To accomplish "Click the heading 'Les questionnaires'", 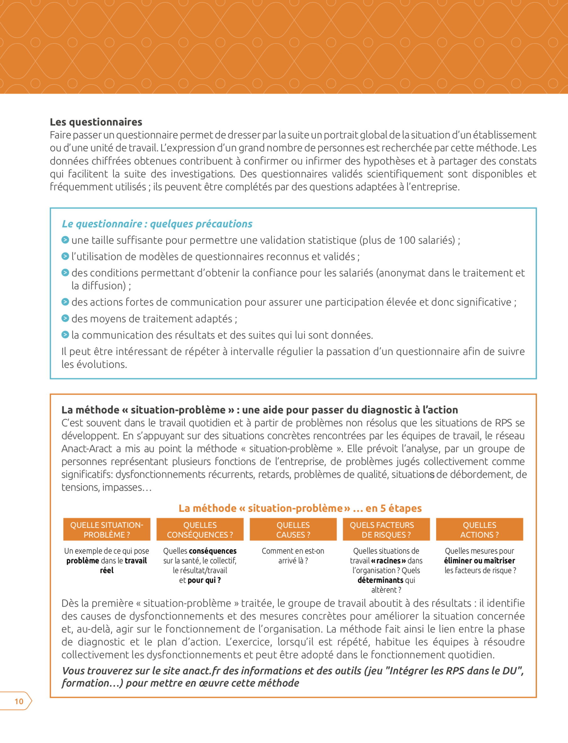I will tap(96, 122).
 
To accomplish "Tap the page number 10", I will tap(19, 701).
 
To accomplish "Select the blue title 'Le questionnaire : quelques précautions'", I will tap(157, 223).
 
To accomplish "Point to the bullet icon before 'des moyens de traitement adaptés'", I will tap(65, 318).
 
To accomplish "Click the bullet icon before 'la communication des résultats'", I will tap(65, 335).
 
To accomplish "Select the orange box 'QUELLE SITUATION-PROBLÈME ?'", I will tap(106, 530).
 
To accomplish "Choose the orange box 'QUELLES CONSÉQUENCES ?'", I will tap(200, 530).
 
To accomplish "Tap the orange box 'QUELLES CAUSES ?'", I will tap(293, 530).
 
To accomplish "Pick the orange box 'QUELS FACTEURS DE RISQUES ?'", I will tap(386, 530).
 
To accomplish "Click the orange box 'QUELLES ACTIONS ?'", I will tap(479, 530).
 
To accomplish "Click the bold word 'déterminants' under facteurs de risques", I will tap(380, 580).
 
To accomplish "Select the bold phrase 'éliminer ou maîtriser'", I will tap(479, 560).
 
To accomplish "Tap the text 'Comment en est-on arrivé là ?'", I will tap(293, 556).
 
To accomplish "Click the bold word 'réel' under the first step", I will tap(106, 570).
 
